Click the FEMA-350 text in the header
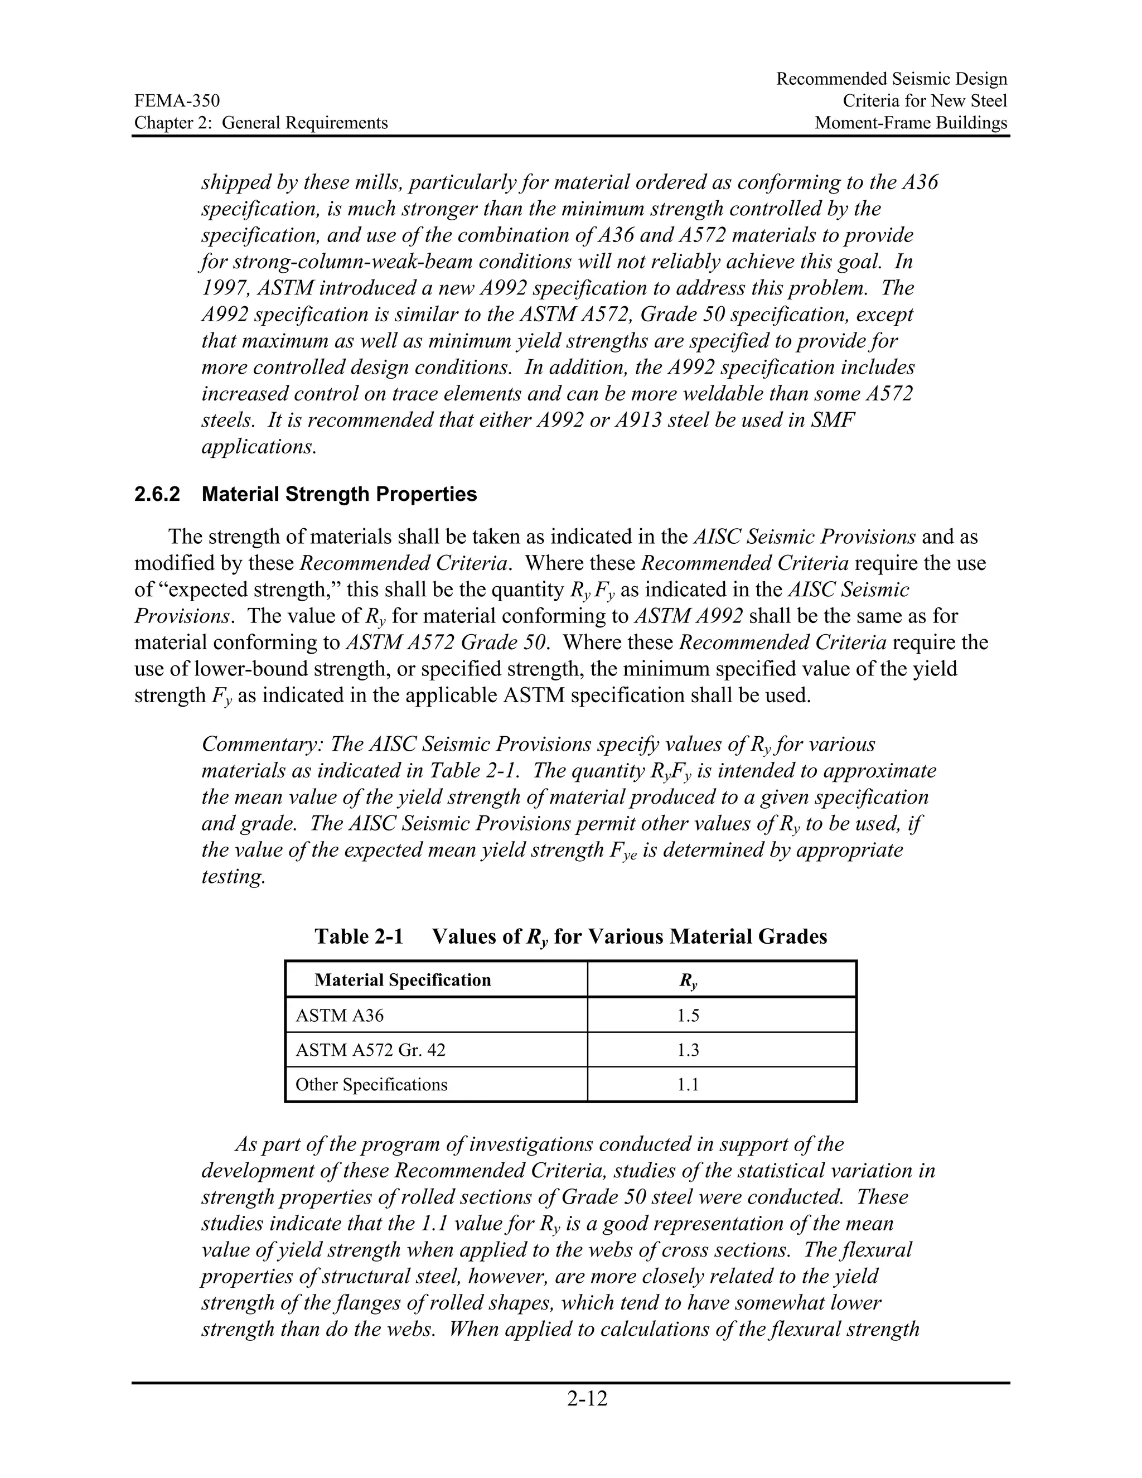(177, 101)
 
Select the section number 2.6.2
(157, 494)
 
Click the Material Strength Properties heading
(339, 494)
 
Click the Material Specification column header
(403, 980)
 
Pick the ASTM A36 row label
(340, 1015)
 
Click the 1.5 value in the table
(688, 1015)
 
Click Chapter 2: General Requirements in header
(260, 123)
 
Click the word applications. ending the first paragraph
(259, 447)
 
